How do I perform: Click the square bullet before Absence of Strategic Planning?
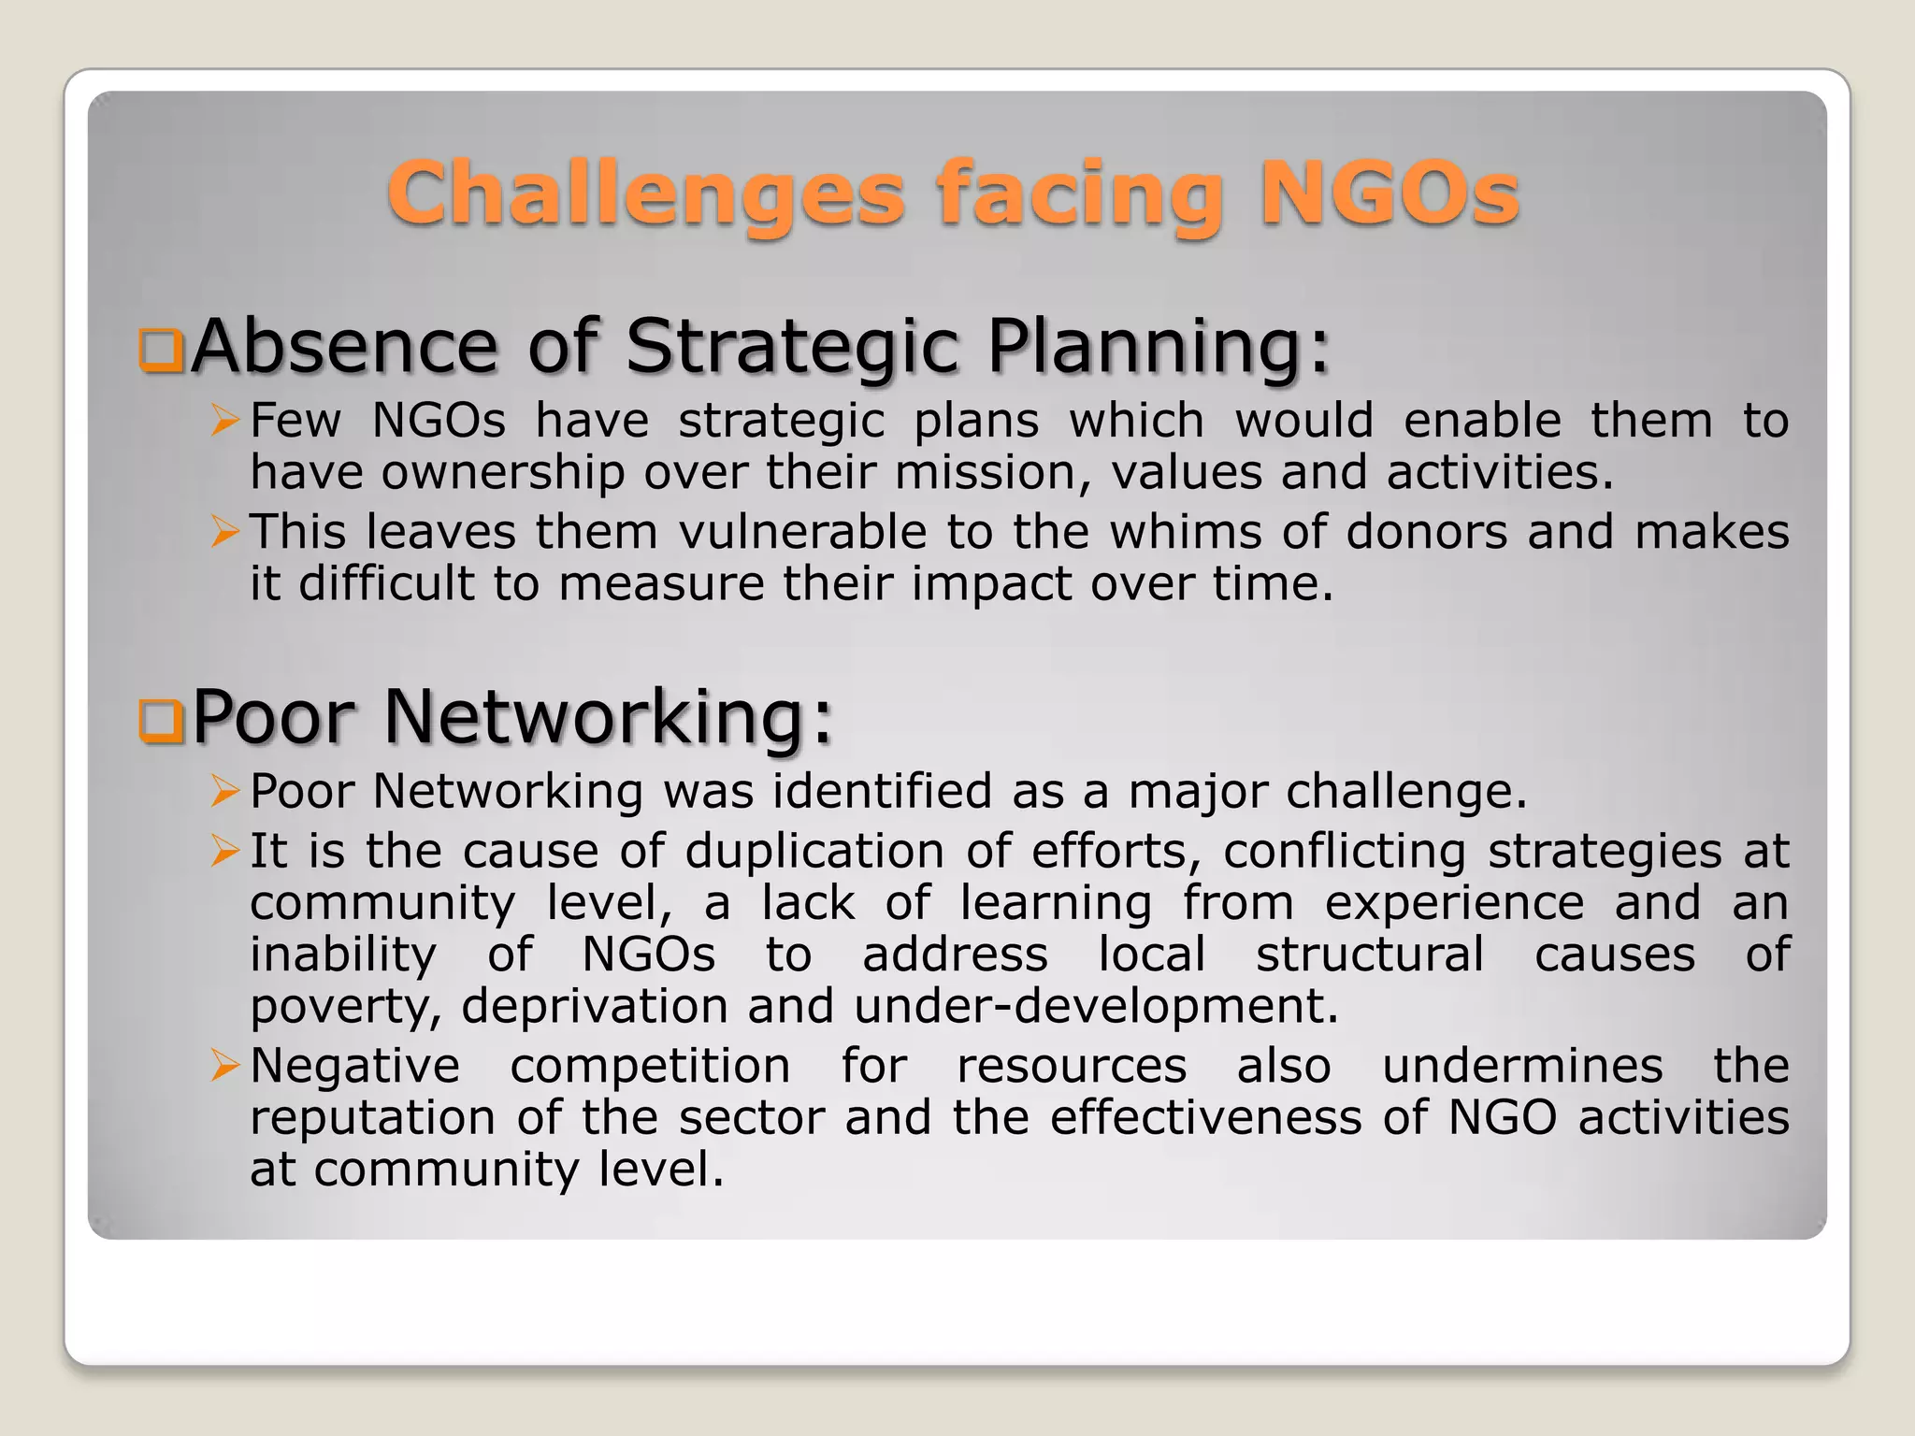coord(161,350)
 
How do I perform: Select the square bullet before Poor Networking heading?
coord(161,720)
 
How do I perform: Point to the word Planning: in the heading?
coord(1158,346)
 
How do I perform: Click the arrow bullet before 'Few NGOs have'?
coord(225,421)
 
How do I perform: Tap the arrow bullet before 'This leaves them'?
coord(225,532)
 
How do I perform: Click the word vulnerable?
coord(802,532)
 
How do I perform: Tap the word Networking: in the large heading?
coord(608,716)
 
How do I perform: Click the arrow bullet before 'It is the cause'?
coord(225,851)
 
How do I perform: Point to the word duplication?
coord(814,852)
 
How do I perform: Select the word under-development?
coord(1096,1006)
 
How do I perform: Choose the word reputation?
coord(372,1118)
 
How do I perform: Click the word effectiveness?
coord(1205,1117)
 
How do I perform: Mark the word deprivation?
coord(594,1007)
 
